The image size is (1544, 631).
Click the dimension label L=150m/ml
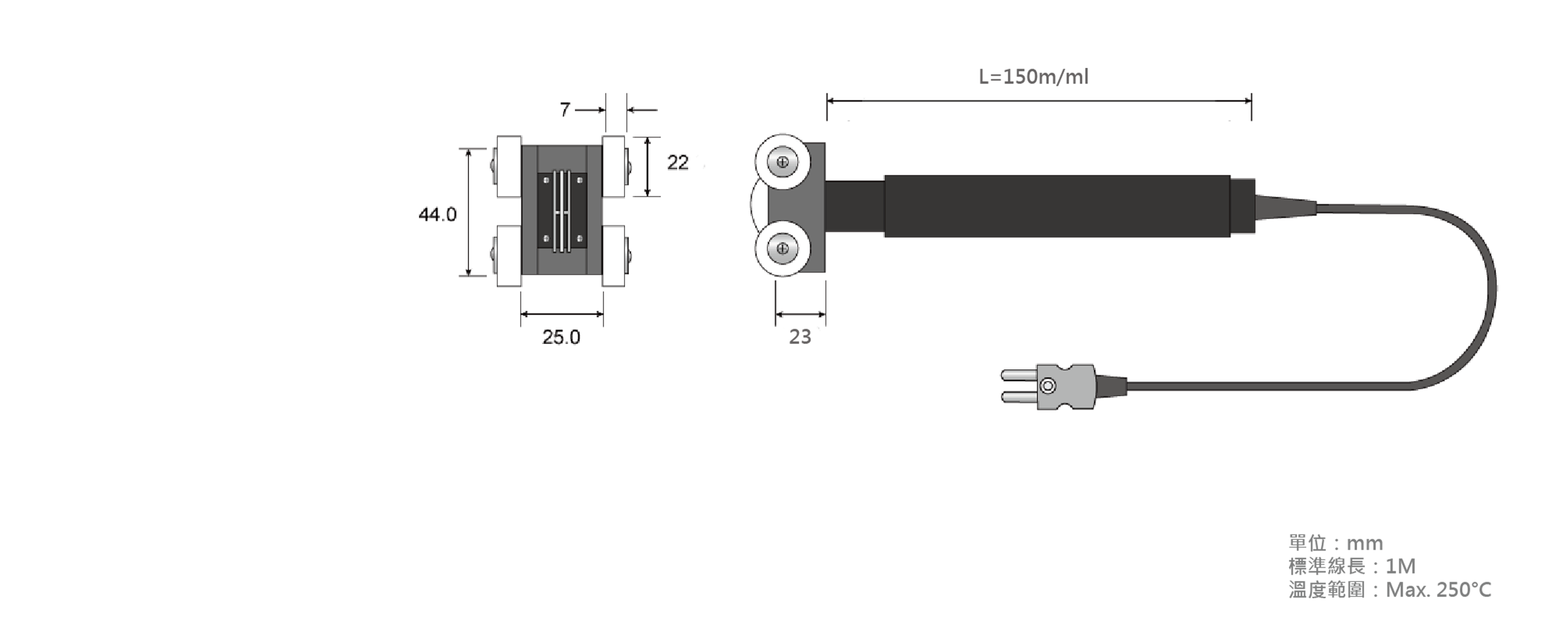(1033, 77)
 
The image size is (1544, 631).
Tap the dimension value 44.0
(438, 214)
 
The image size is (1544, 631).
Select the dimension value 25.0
(561, 337)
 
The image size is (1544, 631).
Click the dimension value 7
(565, 110)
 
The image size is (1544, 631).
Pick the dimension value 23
(800, 337)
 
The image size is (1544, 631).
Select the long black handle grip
(1057, 206)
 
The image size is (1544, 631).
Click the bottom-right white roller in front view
(613, 256)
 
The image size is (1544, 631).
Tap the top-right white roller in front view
(613, 167)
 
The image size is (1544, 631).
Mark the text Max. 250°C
(1439, 590)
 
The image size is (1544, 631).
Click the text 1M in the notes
(1400, 566)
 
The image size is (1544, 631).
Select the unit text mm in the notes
(1365, 543)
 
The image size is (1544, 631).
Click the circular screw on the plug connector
(1048, 386)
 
